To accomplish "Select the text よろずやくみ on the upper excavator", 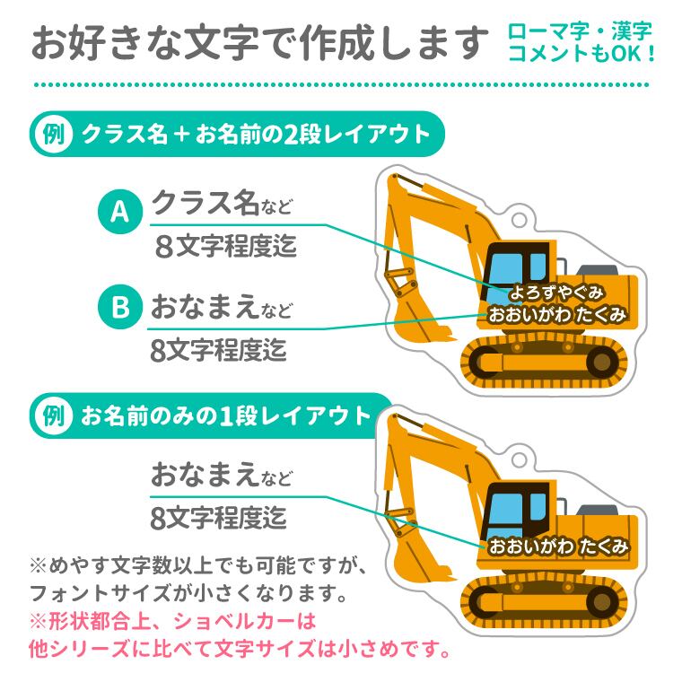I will [x=555, y=293].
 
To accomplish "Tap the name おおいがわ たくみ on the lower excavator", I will [x=556, y=545].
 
